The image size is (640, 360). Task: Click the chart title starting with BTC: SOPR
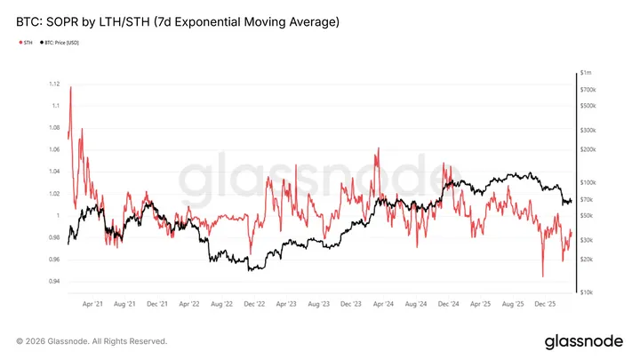pyautogui.click(x=178, y=20)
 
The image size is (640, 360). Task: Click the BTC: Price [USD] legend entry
pyautogui.click(x=68, y=42)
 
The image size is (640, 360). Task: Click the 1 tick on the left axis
pyautogui.click(x=57, y=216)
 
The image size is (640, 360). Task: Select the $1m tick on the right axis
pyautogui.click(x=586, y=71)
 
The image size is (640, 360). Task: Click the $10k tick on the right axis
pyautogui.click(x=587, y=292)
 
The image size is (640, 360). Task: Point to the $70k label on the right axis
pyautogui.click(x=587, y=199)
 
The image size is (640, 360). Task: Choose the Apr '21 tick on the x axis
pyautogui.click(x=92, y=304)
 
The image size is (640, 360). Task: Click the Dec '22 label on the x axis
pyautogui.click(x=254, y=304)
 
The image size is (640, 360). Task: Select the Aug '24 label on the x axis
pyautogui.click(x=416, y=304)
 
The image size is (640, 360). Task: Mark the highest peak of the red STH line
pyautogui.click(x=70, y=86)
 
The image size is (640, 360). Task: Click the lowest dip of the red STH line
pyautogui.click(x=542, y=276)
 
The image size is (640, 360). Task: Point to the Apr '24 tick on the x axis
pyautogui.click(x=384, y=304)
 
